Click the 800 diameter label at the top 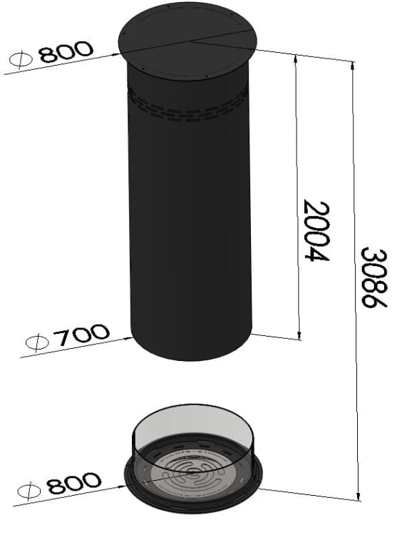point(66,52)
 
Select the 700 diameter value point(82,335)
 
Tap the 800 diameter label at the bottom point(74,483)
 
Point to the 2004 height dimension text point(316,230)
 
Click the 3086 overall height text point(373,278)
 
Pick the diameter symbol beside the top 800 point(21,60)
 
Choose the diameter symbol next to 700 point(38,342)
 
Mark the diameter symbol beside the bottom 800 point(29,491)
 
